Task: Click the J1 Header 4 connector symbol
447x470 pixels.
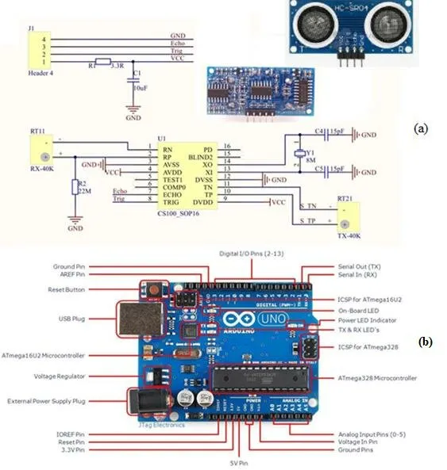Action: click(x=36, y=49)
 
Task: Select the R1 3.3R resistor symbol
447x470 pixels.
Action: click(x=102, y=61)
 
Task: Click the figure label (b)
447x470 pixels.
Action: click(x=426, y=342)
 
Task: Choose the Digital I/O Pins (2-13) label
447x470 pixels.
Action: click(x=253, y=253)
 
